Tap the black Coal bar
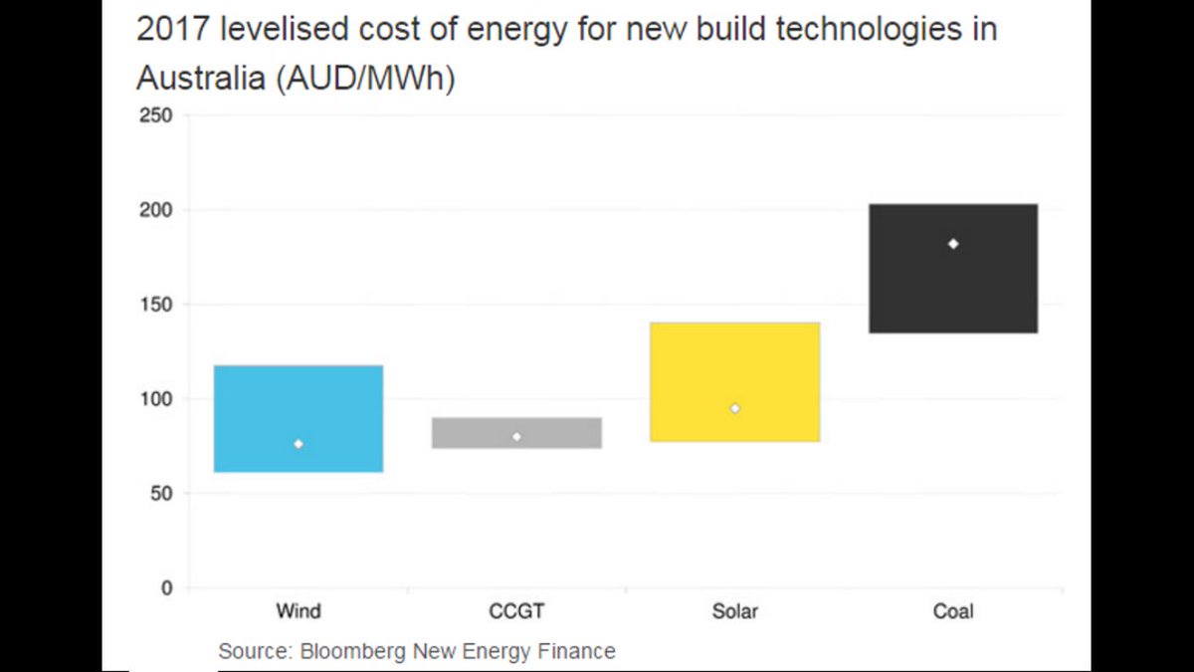click(x=953, y=289)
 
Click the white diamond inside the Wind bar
click(x=298, y=443)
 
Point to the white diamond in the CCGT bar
click(x=516, y=436)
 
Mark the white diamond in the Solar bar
click(x=735, y=408)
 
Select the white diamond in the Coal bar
click(x=953, y=244)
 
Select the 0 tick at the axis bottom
click(x=167, y=588)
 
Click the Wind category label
click(x=298, y=610)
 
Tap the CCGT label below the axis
click(x=516, y=610)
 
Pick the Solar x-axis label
click(x=735, y=610)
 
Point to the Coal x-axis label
click(x=953, y=610)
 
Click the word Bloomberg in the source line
click(x=345, y=652)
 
